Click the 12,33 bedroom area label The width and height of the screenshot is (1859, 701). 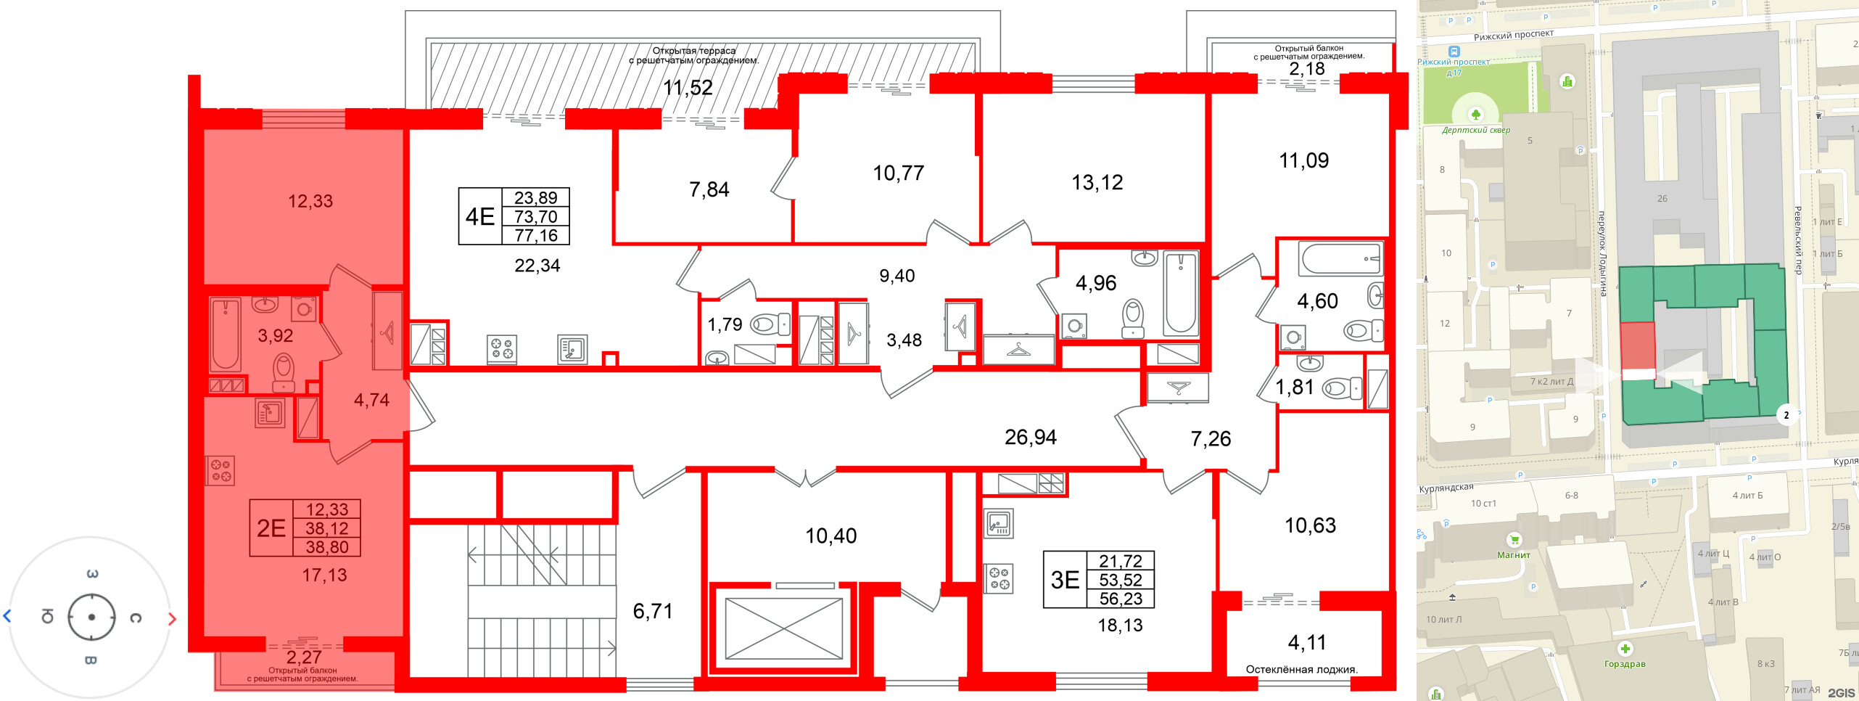click(310, 201)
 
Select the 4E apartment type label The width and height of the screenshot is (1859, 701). click(479, 216)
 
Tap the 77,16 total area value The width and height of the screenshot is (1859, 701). click(535, 235)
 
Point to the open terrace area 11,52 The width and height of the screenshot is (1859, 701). click(688, 88)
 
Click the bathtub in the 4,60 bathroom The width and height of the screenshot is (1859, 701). click(1340, 258)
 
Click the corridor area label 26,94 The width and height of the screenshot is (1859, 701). click(1030, 437)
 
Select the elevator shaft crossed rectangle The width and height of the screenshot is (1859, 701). click(783, 628)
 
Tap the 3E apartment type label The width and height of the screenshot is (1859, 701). click(1065, 579)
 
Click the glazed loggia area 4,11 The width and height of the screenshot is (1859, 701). click(1306, 642)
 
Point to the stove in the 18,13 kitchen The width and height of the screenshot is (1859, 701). click(999, 579)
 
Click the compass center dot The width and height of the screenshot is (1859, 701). click(91, 618)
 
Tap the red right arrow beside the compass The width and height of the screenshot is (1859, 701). click(173, 618)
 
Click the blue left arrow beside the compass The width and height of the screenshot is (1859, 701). click(8, 616)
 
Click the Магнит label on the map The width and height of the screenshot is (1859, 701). click(1513, 555)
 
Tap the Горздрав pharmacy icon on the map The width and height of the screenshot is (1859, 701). click(1625, 649)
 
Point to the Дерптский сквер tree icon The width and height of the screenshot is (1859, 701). click(1475, 115)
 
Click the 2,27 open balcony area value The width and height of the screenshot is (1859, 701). click(303, 657)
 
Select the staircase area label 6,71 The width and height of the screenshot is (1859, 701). click(652, 611)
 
